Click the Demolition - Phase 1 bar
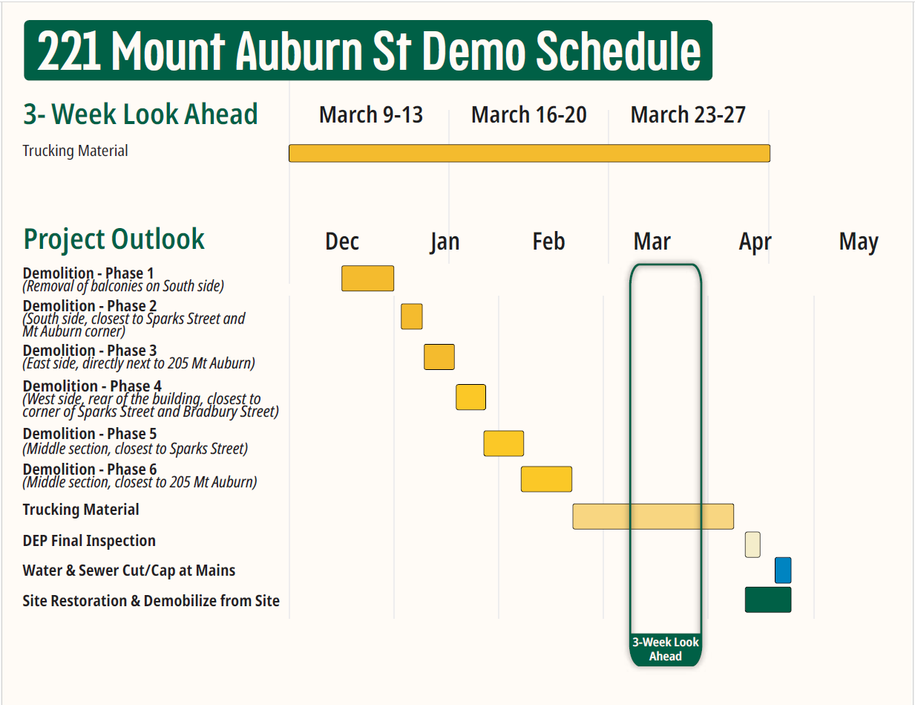(367, 278)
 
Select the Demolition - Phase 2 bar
(412, 316)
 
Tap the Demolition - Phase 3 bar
(439, 357)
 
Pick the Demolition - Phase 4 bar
(470, 397)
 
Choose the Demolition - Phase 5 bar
(504, 444)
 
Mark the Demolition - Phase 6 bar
(546, 479)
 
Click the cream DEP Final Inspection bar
(752, 545)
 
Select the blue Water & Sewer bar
(783, 571)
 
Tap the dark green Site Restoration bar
(768, 600)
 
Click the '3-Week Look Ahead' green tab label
(665, 649)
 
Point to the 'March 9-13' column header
(371, 115)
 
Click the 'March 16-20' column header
(529, 115)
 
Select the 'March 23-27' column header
(688, 115)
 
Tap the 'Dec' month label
(342, 241)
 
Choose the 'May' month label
(859, 241)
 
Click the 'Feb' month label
(548, 241)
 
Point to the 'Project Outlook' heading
(114, 239)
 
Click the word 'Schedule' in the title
(617, 51)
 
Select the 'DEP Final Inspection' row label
(89, 541)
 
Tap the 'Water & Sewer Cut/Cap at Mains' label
(129, 571)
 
